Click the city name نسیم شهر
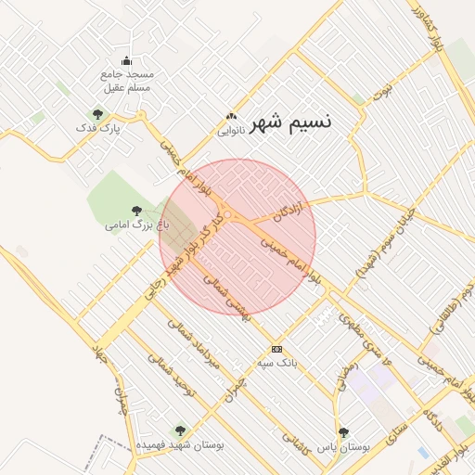(x=290, y=121)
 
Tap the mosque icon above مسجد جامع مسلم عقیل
(x=126, y=61)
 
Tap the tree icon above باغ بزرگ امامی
(x=137, y=211)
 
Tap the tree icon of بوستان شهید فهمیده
(x=180, y=430)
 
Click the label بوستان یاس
(x=343, y=445)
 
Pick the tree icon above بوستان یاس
(x=343, y=431)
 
